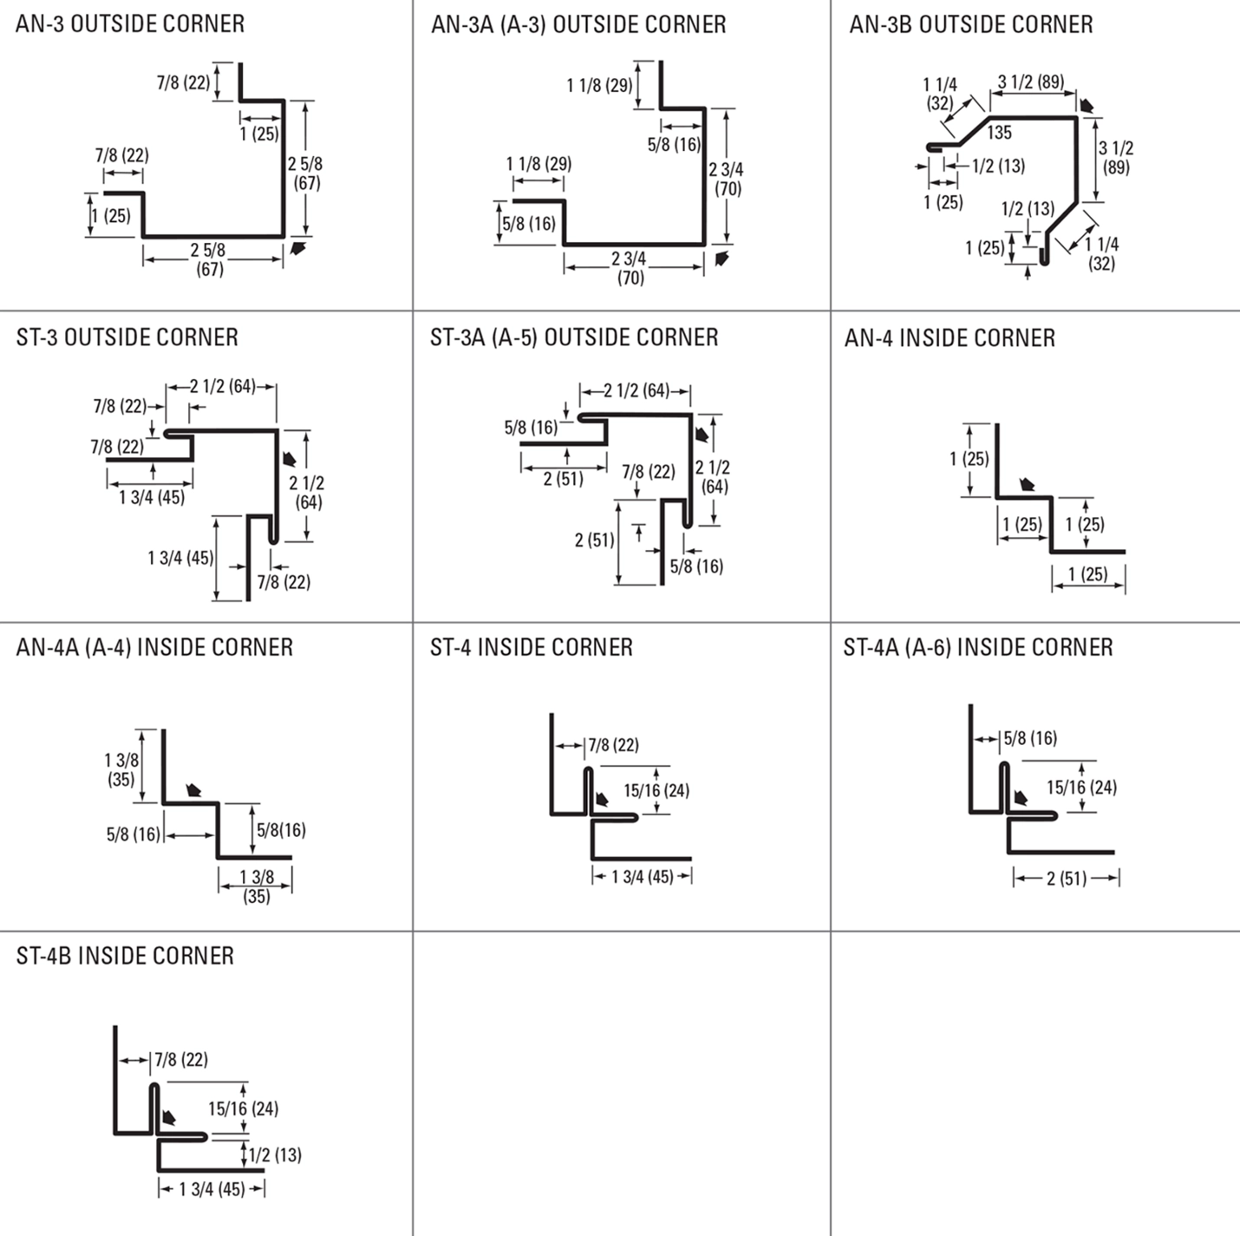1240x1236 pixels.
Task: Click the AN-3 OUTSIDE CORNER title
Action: (x=130, y=23)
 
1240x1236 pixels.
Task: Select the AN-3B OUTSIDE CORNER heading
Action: (x=970, y=24)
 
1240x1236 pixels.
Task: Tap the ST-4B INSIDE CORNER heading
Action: (x=125, y=956)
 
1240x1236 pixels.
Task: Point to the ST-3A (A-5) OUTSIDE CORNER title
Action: (x=574, y=337)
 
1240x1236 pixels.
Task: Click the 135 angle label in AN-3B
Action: (x=999, y=133)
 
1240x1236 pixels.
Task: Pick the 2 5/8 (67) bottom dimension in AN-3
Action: (x=209, y=259)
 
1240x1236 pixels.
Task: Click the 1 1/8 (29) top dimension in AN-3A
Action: (x=599, y=85)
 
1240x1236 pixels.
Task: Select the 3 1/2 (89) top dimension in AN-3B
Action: (x=1030, y=82)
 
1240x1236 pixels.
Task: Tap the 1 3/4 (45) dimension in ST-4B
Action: (x=212, y=1189)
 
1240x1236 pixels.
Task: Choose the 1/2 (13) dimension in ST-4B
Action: (x=275, y=1154)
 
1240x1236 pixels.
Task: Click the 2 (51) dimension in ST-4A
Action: (x=1066, y=879)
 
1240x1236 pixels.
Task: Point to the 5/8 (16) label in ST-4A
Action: (x=1031, y=738)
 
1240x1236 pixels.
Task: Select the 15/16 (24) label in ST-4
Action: (x=656, y=790)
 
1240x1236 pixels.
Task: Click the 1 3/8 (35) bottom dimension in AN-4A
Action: (x=256, y=886)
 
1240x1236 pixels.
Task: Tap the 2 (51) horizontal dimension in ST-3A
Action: (x=563, y=478)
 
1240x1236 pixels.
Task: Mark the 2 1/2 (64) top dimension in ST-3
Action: (x=223, y=386)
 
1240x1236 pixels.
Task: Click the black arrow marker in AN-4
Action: (x=1028, y=485)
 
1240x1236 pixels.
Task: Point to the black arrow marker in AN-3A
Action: (x=721, y=258)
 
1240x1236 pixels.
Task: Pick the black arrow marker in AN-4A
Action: (x=194, y=790)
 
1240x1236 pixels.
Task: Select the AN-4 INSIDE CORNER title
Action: (x=950, y=337)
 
